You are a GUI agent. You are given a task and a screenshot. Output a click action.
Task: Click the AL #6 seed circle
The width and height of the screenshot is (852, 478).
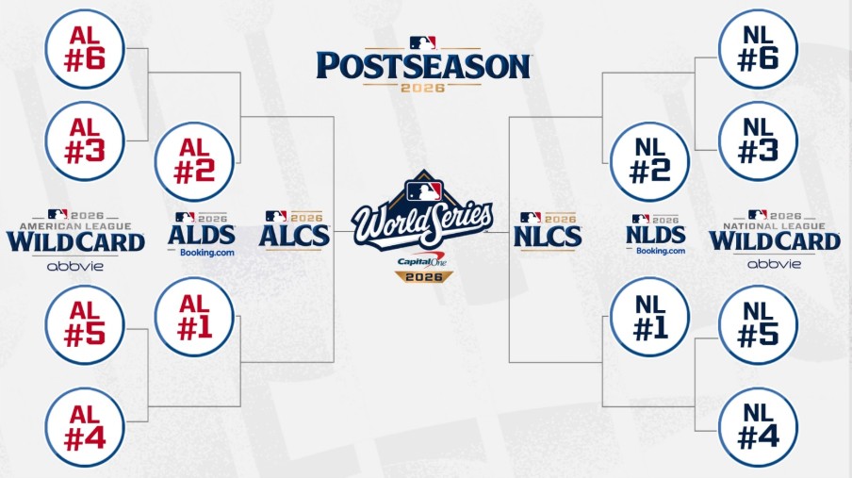85,49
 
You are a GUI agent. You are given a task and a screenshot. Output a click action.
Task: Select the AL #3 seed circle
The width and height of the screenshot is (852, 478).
85,141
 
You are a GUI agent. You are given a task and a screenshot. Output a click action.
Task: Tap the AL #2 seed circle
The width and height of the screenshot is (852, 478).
194,161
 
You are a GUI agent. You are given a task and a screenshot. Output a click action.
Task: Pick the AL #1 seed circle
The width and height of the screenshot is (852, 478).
194,317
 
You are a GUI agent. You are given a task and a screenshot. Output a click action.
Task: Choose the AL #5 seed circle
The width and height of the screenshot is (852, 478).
85,324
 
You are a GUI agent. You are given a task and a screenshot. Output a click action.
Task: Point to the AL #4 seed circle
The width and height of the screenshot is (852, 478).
85,427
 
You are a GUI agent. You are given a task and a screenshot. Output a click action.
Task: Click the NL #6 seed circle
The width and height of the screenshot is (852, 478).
758,49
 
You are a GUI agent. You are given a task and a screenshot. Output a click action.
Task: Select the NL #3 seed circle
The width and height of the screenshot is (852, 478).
758,141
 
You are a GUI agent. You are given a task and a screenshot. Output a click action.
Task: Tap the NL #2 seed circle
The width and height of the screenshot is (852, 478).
650,161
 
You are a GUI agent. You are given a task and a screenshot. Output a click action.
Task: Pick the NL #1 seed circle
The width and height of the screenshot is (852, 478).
650,317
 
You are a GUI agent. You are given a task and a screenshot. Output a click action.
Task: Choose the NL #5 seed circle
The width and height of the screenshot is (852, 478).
758,324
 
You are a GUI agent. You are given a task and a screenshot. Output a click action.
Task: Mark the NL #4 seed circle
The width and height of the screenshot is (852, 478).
758,427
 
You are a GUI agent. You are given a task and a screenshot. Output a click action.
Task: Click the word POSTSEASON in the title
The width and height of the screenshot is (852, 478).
423,66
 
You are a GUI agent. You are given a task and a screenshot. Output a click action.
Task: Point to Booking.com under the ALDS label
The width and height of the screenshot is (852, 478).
207,253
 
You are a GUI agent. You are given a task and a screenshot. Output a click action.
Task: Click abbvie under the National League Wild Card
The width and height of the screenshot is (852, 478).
775,264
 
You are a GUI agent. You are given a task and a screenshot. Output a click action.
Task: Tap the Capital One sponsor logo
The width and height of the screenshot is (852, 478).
421,260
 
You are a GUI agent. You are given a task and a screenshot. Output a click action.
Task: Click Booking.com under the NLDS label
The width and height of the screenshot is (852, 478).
661,251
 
